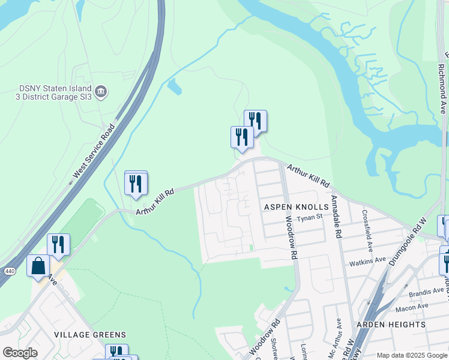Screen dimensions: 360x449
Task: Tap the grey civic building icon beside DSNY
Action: pos(101,92)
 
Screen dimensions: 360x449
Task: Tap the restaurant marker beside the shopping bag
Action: pos(58,244)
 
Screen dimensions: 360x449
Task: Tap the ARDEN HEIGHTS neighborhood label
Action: pos(391,325)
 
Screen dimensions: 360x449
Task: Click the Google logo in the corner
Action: pos(20,352)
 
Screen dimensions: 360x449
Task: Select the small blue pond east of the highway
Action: pos(175,88)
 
